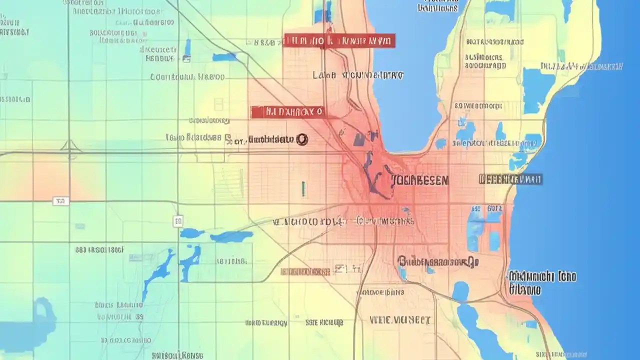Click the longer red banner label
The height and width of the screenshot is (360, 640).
point(339,41)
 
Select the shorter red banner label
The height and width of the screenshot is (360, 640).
point(287,112)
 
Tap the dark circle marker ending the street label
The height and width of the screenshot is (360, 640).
point(301,140)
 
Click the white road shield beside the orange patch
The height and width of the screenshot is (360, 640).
point(60,201)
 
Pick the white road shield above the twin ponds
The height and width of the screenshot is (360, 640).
point(178,220)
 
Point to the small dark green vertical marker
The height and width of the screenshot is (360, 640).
point(303,188)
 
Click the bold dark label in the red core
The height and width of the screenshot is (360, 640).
point(419,180)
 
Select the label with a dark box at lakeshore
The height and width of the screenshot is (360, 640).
point(510,179)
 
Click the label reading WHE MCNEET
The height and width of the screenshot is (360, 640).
point(399,319)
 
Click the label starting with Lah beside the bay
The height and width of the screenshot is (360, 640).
point(357,75)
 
